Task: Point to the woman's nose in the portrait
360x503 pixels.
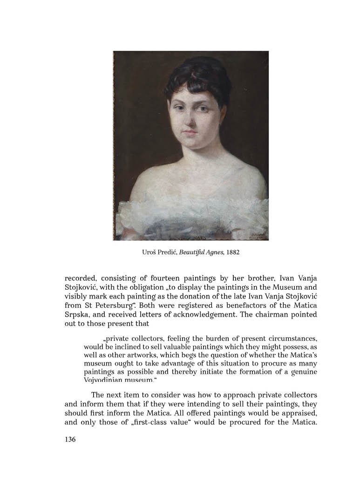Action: point(190,122)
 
